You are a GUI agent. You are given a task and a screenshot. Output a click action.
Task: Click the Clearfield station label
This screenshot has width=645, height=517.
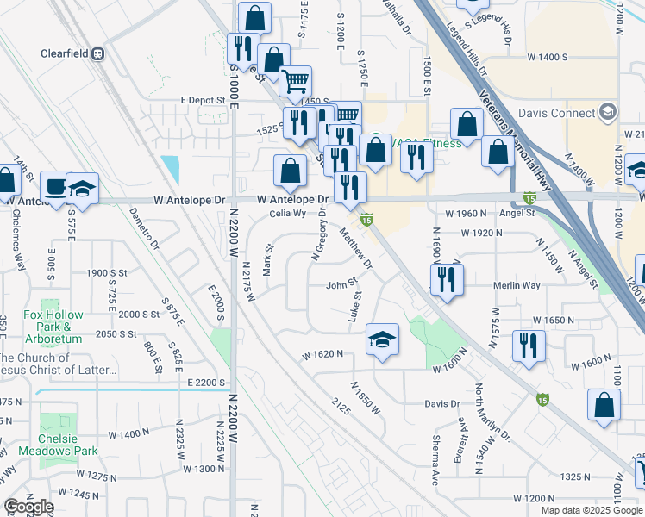pyautogui.click(x=66, y=53)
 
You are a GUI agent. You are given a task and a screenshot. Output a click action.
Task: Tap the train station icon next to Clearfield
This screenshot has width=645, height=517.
pyautogui.click(x=98, y=53)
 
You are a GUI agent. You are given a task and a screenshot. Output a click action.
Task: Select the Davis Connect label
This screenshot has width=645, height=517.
pyautogui.click(x=558, y=113)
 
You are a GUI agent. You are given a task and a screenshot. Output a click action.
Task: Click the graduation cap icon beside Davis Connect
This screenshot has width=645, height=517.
pyautogui.click(x=608, y=112)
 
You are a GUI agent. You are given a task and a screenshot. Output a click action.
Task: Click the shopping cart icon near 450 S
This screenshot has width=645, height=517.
pyautogui.click(x=295, y=81)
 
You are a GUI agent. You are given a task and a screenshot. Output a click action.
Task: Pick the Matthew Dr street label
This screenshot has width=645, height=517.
pyautogui.click(x=355, y=246)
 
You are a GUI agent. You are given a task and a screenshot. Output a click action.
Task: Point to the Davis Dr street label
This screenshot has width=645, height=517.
pyautogui.click(x=441, y=403)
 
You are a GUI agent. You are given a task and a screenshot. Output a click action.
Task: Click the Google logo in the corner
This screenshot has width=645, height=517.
pyautogui.click(x=28, y=507)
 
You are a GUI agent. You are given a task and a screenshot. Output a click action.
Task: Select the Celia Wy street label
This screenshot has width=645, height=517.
pyautogui.click(x=288, y=213)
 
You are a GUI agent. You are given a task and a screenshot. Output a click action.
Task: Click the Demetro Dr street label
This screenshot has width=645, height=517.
pyautogui.click(x=144, y=227)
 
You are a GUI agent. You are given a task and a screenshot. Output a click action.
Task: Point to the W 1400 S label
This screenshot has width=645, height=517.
pyautogui.click(x=546, y=57)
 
